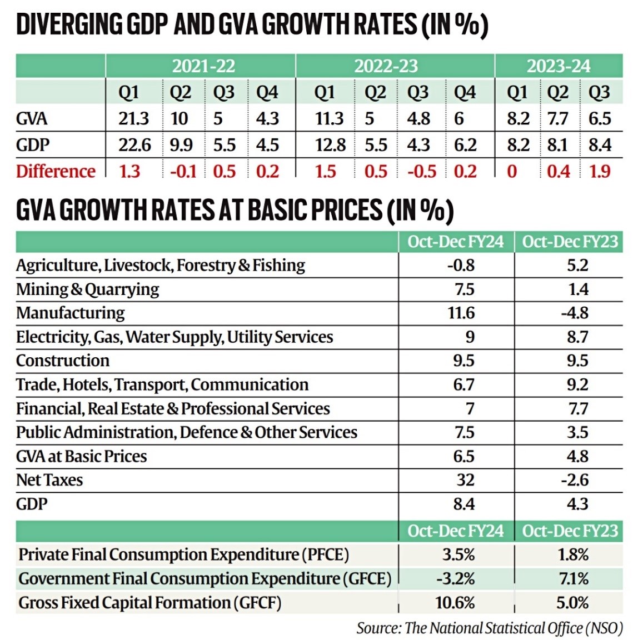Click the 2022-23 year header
[x=386, y=66]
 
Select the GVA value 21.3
[x=133, y=118]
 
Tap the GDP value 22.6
[x=134, y=145]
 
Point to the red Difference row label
[x=56, y=171]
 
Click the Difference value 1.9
[x=600, y=171]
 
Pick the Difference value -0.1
[x=183, y=171]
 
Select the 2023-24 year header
[x=558, y=66]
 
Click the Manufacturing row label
[x=71, y=313]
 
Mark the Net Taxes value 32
[x=465, y=480]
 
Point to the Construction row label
[x=63, y=361]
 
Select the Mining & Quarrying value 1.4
[x=577, y=289]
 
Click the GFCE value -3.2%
[x=456, y=578]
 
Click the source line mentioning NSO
[x=490, y=628]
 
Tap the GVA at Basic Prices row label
[x=82, y=456]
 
